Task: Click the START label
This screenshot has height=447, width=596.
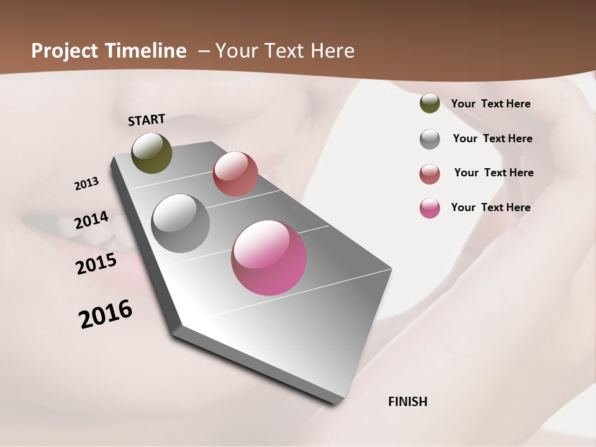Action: [147, 120]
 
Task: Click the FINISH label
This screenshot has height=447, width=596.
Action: [407, 402]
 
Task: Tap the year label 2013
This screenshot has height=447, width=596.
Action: [87, 184]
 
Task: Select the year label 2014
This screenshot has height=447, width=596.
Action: [92, 220]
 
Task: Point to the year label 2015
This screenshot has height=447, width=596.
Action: [96, 264]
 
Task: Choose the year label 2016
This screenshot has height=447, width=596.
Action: [106, 314]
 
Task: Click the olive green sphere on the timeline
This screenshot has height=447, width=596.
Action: [152, 153]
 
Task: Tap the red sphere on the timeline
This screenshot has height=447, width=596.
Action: [235, 174]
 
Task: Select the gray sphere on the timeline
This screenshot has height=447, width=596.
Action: [181, 223]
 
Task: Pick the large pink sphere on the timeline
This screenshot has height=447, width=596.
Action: [269, 258]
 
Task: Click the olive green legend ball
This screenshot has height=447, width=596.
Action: [430, 104]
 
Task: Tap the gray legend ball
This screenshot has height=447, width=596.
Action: [430, 139]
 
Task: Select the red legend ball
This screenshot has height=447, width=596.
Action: [430, 174]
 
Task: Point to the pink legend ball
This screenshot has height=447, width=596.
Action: [430, 208]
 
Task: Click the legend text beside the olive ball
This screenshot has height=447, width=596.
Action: [490, 104]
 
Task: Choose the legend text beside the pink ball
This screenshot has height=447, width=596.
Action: [490, 207]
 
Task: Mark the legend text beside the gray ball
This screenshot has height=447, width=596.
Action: [492, 138]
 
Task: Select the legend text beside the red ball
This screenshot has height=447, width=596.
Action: [494, 173]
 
